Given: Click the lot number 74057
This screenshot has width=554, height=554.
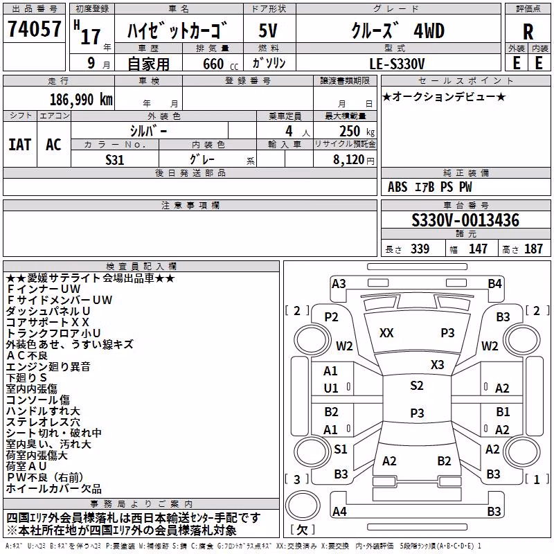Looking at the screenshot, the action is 34,28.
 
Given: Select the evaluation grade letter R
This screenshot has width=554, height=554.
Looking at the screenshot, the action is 528,32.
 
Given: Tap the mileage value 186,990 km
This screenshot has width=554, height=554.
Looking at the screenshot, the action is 81,100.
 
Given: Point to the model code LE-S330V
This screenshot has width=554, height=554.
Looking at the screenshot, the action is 397,64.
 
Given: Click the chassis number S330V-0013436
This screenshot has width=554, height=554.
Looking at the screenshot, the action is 465,220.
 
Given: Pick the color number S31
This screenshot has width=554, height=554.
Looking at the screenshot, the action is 115,160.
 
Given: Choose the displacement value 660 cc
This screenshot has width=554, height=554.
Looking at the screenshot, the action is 220,64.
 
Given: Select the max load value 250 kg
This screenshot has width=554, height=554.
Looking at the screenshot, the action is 357,131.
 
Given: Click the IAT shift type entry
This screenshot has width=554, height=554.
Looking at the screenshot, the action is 20,145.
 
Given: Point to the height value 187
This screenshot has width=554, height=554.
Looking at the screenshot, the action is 533,249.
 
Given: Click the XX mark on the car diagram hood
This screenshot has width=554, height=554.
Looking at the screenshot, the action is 386,333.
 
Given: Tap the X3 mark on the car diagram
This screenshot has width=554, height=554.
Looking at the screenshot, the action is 437,364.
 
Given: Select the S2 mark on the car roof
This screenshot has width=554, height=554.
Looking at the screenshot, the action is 417,385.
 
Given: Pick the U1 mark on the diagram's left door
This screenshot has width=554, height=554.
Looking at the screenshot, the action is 331,388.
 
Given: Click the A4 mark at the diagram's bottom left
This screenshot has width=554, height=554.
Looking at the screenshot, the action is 339,511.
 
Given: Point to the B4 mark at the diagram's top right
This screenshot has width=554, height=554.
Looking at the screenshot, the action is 494,284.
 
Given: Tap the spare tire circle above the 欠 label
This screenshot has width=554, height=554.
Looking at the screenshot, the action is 303,505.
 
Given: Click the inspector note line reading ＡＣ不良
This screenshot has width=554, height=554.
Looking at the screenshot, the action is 27,355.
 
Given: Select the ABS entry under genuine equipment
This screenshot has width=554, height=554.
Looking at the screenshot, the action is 397,187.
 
